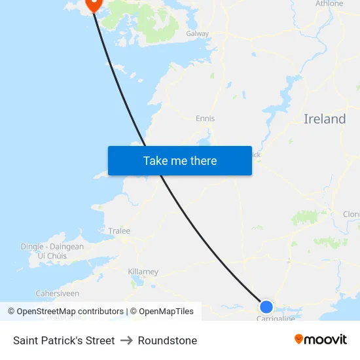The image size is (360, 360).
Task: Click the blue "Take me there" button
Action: (x=180, y=161)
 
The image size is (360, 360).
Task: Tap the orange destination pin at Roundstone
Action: (x=94, y=4)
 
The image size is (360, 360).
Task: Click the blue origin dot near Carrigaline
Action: (x=266, y=306)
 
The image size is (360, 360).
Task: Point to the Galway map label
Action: (x=197, y=33)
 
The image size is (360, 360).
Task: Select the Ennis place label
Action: (x=205, y=118)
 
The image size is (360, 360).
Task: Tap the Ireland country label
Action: (x=325, y=119)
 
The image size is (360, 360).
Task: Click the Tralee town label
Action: (x=119, y=231)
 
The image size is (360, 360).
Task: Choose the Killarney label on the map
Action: (x=143, y=272)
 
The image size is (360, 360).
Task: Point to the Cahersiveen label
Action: (x=58, y=294)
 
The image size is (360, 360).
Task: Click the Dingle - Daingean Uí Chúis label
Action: (x=52, y=251)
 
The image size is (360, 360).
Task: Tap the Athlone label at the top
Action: (x=329, y=4)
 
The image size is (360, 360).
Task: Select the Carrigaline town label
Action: (x=276, y=318)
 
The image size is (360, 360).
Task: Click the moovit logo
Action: (x=321, y=339)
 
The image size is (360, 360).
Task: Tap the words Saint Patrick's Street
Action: (x=63, y=340)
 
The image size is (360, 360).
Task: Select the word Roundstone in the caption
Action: (x=168, y=340)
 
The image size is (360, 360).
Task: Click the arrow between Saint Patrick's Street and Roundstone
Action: (x=126, y=340)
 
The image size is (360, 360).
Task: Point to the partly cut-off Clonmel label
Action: (x=351, y=214)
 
